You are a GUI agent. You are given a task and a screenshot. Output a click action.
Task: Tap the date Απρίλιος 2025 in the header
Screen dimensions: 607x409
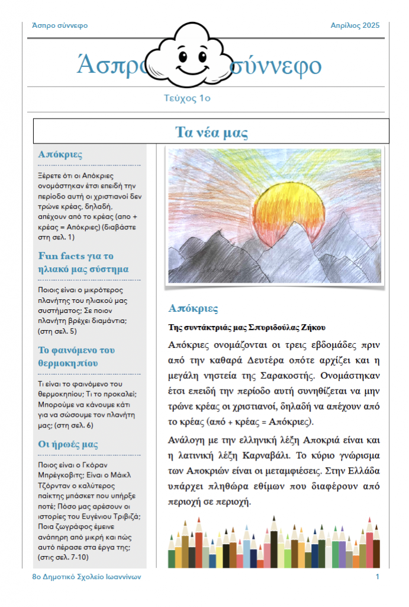(355, 25)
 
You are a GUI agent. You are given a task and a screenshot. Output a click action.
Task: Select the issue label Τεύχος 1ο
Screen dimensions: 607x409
(187, 98)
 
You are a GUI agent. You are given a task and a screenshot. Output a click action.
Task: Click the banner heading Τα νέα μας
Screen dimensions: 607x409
(211, 132)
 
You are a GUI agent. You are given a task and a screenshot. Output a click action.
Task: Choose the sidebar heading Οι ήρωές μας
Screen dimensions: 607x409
(68, 444)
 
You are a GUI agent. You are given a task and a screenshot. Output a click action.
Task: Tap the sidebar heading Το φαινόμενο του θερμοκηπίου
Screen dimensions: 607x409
(76, 356)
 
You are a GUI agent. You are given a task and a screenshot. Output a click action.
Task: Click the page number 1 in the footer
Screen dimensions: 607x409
(377, 577)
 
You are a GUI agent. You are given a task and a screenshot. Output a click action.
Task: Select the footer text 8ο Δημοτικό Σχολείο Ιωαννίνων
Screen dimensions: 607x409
(86, 577)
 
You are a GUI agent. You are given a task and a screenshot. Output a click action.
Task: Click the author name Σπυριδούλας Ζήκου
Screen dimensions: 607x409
(286, 327)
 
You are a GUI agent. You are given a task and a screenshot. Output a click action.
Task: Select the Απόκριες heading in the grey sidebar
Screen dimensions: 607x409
(60, 154)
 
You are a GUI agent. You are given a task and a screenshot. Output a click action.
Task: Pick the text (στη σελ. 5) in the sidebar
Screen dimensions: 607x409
(57, 331)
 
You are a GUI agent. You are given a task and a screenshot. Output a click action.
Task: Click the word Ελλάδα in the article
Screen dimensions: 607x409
(359, 471)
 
